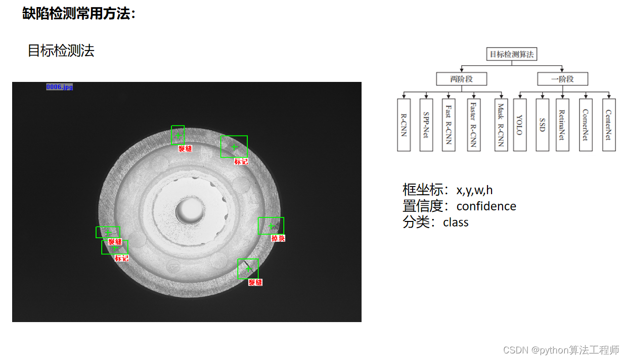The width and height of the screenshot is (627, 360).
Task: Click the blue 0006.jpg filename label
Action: tap(59, 87)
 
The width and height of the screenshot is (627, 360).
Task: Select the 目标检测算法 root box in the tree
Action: tap(511, 54)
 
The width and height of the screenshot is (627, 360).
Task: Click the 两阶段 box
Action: tap(461, 79)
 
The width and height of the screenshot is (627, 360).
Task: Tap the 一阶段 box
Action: tap(562, 79)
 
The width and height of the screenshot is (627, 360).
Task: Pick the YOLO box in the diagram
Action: tap(520, 125)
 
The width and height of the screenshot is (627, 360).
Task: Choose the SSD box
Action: tap(543, 125)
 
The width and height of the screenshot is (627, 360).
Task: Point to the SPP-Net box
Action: tap(426, 125)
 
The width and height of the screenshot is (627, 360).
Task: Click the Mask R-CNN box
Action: tap(501, 125)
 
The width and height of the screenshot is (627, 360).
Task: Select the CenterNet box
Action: tap(609, 125)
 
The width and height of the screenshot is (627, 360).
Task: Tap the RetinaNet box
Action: tap(562, 125)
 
